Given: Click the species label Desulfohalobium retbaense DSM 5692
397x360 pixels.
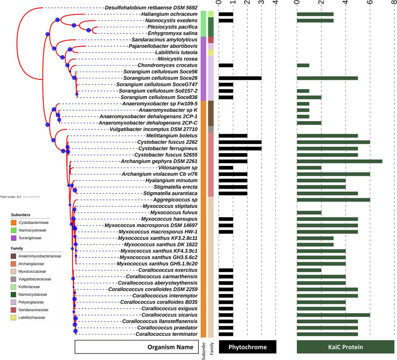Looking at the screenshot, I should tap(151, 8).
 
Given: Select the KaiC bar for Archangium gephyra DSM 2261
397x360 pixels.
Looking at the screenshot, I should tap(340, 161).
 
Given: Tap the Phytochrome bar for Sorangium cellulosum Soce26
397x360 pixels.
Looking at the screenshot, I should tap(240, 78).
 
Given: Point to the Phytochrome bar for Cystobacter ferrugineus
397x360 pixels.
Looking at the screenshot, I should tap(240, 148).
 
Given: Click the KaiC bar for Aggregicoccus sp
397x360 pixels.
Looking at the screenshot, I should tap(333, 199).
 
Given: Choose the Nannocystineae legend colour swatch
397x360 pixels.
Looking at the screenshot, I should tap(14, 230).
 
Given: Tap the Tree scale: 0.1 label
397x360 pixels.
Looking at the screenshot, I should tap(11, 197).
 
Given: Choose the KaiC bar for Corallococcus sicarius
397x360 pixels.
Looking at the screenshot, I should tap(333, 315).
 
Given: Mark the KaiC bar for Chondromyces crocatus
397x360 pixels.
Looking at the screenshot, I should tap(303, 65).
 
